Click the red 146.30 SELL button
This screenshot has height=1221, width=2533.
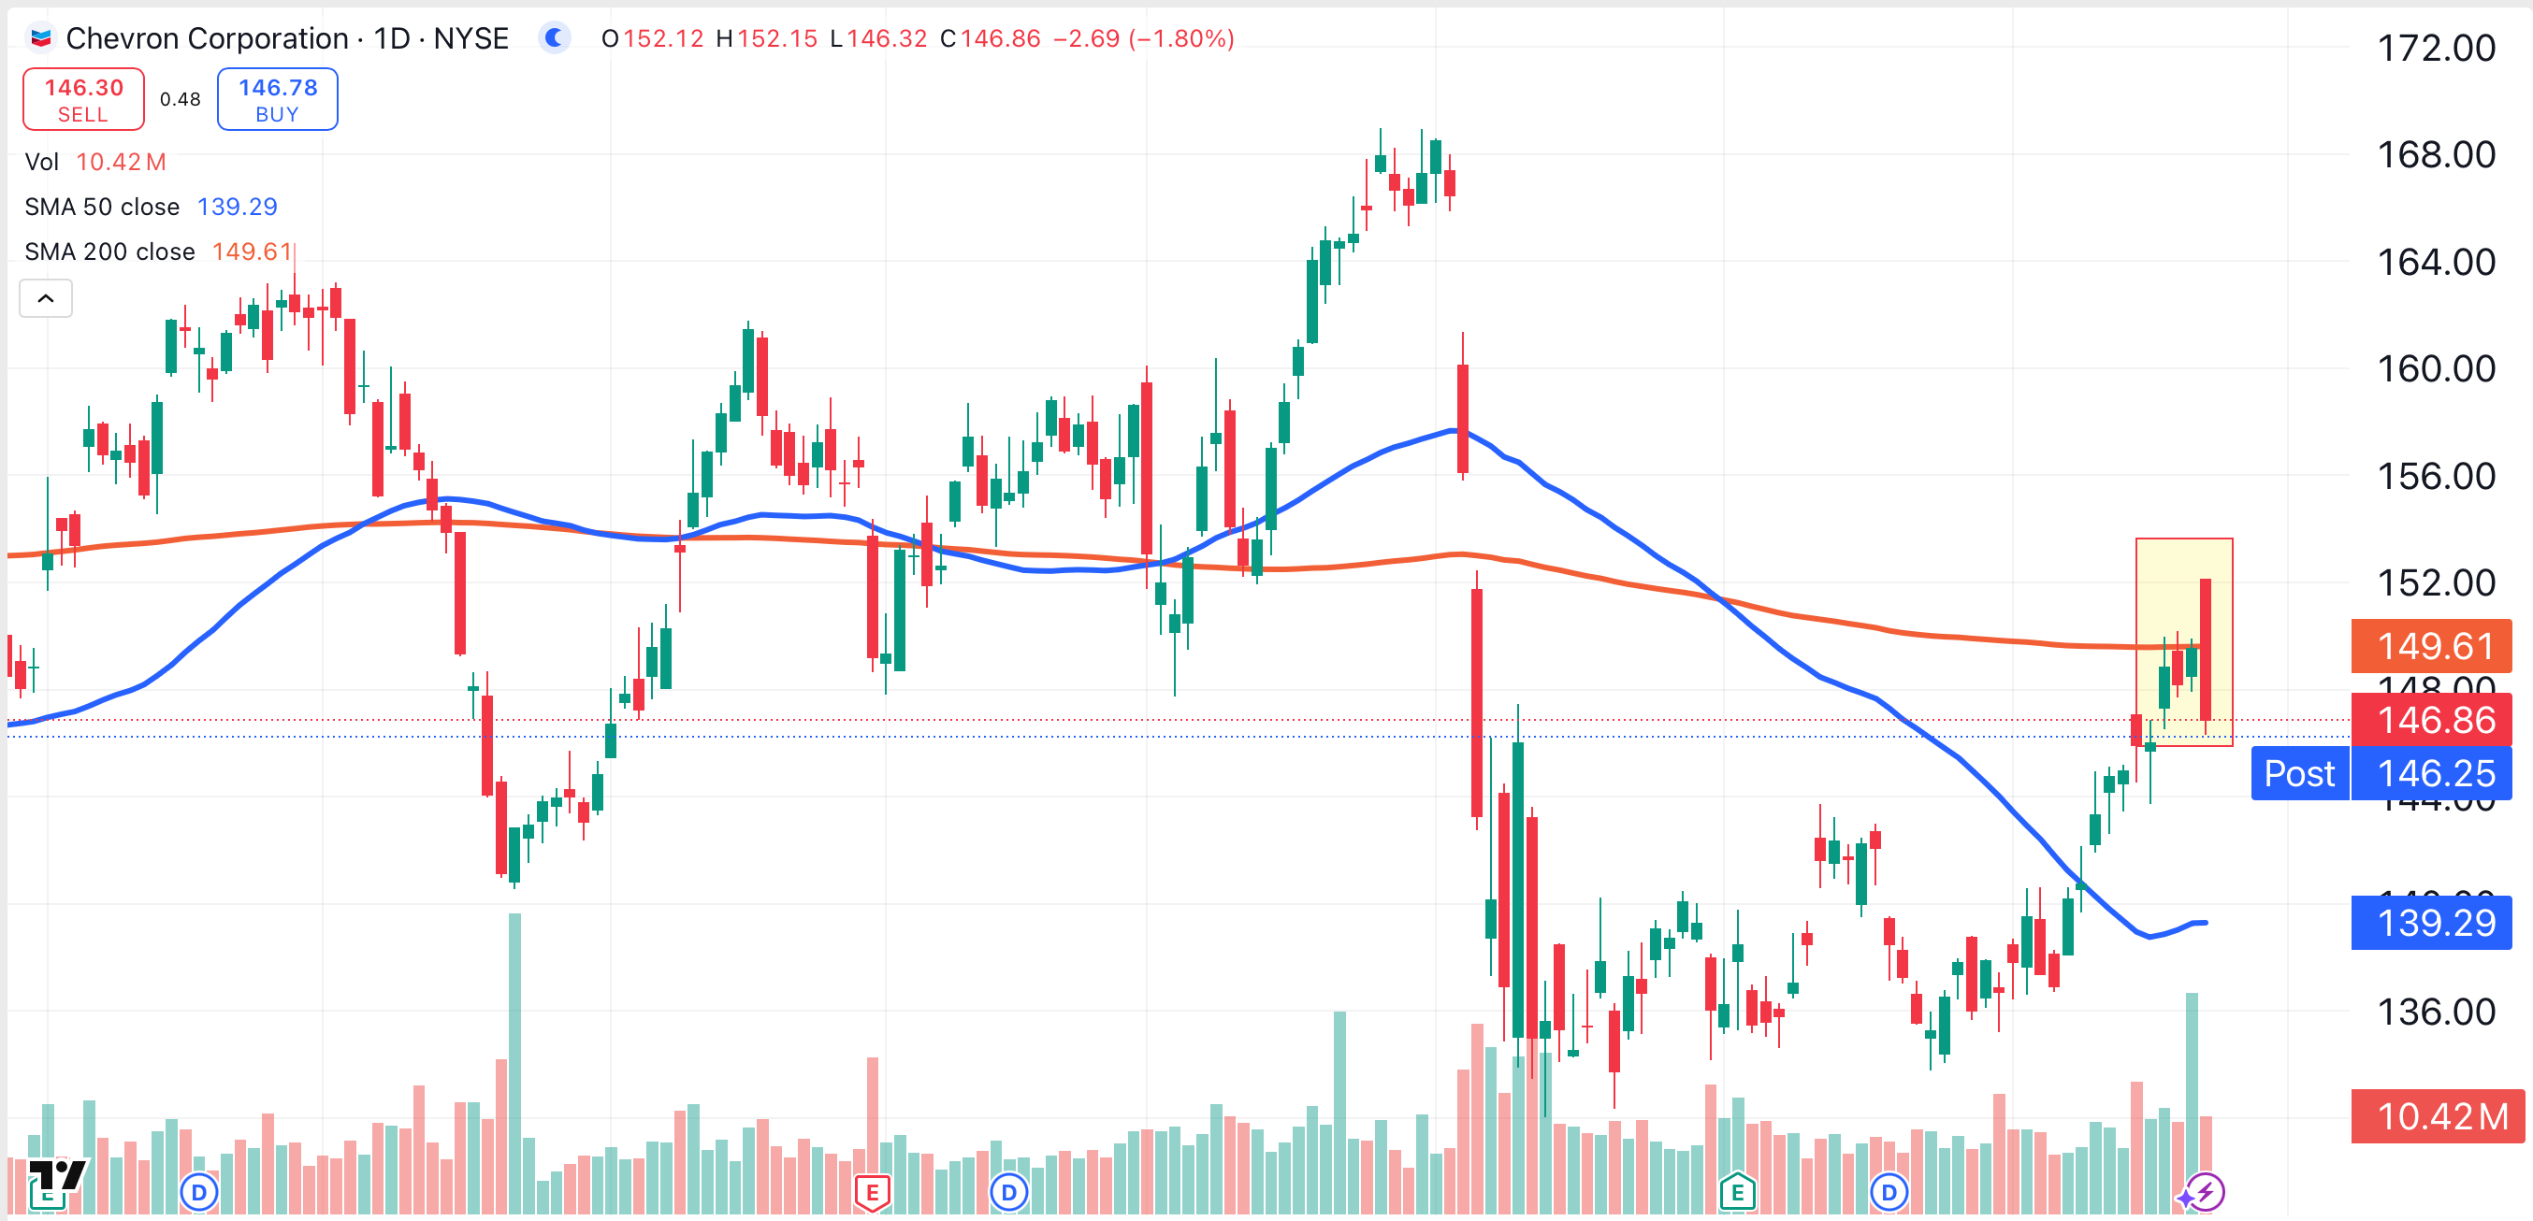(83, 99)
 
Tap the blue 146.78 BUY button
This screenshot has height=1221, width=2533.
(277, 99)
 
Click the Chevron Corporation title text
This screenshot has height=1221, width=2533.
(207, 38)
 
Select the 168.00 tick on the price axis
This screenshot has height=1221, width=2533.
(2435, 154)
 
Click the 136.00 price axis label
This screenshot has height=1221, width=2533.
(2435, 1012)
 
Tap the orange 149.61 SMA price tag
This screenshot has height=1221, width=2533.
(2431, 646)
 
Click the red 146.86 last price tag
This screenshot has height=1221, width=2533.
(2431, 720)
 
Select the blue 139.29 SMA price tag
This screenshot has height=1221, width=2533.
(2431, 922)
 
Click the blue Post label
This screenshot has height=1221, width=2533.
(2299, 774)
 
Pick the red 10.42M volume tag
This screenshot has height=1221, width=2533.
(2437, 1115)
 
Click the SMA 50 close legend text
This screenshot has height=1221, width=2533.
(102, 207)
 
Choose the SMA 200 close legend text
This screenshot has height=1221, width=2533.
(110, 251)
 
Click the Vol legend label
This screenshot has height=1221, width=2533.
(41, 161)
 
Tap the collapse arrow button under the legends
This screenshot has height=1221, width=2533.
(46, 298)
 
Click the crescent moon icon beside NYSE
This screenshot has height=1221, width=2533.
(555, 38)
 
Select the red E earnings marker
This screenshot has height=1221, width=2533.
(872, 1193)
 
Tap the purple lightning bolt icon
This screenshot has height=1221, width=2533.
(2206, 1193)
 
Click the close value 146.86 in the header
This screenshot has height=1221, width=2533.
(999, 38)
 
